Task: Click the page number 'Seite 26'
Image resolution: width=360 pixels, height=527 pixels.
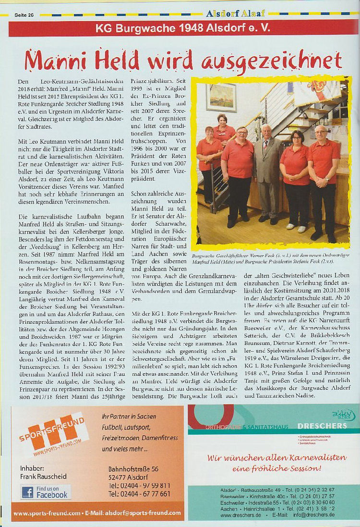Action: [x=24, y=15]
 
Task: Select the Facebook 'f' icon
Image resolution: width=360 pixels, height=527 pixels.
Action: [x=27, y=492]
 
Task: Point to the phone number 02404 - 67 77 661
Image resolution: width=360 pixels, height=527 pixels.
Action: [x=139, y=494]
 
